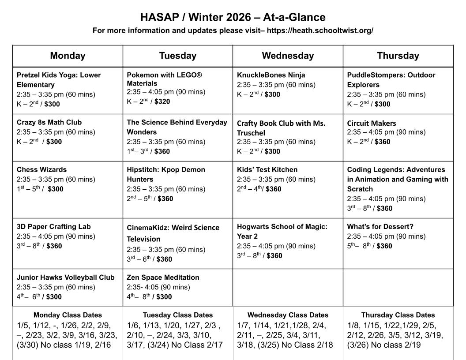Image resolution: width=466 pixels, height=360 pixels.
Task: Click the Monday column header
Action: click(68, 56)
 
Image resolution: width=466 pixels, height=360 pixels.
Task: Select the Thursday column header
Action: click(398, 56)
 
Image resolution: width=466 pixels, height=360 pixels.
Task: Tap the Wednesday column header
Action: click(288, 56)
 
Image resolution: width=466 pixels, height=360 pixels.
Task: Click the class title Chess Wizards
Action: click(41, 169)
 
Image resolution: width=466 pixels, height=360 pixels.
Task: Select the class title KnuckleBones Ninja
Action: click(271, 75)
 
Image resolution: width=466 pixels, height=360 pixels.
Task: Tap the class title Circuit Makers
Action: click(372, 123)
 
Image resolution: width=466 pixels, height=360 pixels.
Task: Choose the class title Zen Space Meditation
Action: click(163, 277)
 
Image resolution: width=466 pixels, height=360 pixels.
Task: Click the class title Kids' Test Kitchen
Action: click(267, 169)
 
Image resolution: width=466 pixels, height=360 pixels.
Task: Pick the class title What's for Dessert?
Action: click(380, 227)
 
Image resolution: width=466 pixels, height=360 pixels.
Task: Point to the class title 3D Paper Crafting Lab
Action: click(53, 227)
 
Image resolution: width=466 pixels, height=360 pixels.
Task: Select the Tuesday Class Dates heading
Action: click(177, 315)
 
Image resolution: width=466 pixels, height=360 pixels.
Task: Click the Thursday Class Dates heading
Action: click(398, 315)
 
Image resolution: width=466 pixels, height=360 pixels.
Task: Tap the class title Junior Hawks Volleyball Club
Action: click(65, 277)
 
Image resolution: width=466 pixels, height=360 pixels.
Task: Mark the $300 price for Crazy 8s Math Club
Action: click(54, 142)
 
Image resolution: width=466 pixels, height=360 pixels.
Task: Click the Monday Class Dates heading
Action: click(68, 315)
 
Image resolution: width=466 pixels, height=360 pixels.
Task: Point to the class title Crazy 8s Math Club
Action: click(49, 122)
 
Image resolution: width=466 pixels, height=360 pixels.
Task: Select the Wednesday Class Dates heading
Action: click(288, 315)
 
